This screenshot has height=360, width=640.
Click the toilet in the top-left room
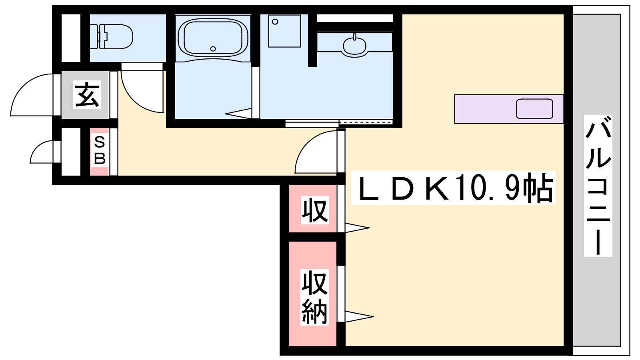click(x=112, y=36)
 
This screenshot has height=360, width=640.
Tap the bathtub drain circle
click(x=213, y=49)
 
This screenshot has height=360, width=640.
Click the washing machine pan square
click(x=284, y=31)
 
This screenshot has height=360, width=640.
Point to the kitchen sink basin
click(x=534, y=108)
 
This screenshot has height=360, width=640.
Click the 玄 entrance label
click(x=87, y=94)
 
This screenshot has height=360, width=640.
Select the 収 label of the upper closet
click(x=315, y=210)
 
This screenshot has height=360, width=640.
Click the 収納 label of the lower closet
click(x=314, y=297)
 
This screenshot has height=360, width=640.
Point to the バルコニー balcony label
click(x=598, y=186)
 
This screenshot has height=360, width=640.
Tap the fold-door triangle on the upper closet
click(x=357, y=228)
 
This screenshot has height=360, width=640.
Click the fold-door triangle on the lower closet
click(x=359, y=316)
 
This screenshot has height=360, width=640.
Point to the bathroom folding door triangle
click(x=238, y=114)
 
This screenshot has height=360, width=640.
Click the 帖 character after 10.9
click(x=538, y=188)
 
